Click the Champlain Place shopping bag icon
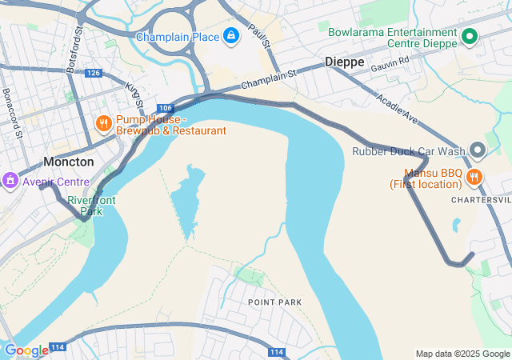(x=230, y=37)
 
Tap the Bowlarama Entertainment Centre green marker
(x=470, y=37)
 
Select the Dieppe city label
(x=345, y=62)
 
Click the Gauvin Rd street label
(x=390, y=63)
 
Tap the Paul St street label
(x=256, y=34)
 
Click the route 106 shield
(x=165, y=108)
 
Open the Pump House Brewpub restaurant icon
(x=103, y=124)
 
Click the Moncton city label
(x=68, y=162)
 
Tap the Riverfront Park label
(x=91, y=206)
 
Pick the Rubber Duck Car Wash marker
(x=478, y=150)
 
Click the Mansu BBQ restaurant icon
(x=474, y=178)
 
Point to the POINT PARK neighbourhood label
(x=274, y=302)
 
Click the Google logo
(x=26, y=350)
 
